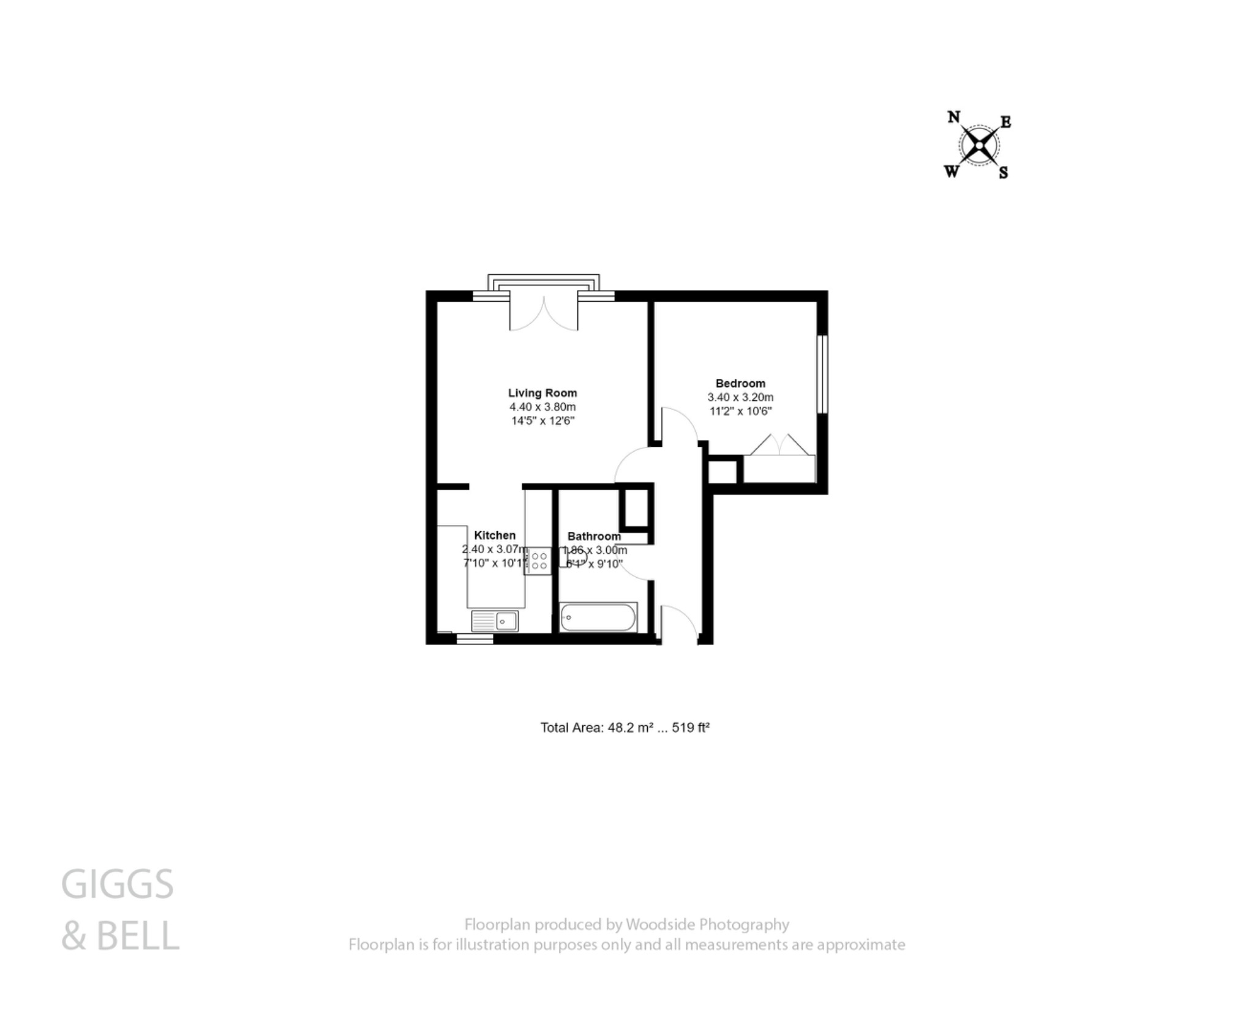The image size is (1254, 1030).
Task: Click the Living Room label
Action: (543, 393)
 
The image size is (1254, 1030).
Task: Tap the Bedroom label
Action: (740, 383)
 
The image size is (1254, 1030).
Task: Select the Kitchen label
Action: (495, 535)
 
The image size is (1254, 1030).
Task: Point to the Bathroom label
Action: (594, 536)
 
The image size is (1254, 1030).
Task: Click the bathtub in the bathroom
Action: (598, 618)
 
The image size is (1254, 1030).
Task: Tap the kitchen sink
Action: (495, 621)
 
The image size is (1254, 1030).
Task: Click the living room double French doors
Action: (544, 313)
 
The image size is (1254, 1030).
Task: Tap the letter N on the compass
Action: (953, 117)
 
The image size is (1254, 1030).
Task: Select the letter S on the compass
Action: (1004, 173)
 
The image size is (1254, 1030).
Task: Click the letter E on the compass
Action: (1005, 122)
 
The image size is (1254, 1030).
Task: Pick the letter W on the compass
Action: (952, 172)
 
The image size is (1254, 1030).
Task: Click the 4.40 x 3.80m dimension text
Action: (543, 407)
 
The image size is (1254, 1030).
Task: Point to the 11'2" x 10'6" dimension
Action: (740, 411)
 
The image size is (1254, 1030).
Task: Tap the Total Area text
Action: (625, 728)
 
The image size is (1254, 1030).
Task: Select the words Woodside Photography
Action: (707, 924)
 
